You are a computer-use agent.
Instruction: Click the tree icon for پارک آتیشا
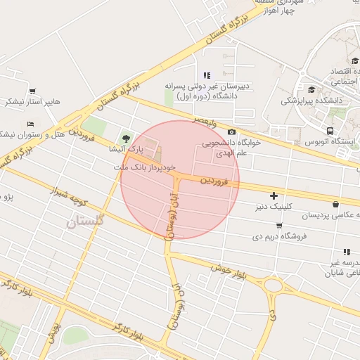tap(127, 137)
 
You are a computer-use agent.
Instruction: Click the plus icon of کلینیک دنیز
tap(274, 195)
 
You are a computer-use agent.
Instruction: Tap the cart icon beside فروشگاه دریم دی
tap(280, 225)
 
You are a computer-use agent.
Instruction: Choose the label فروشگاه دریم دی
tap(281, 236)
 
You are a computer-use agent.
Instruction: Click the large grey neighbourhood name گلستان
tap(85, 221)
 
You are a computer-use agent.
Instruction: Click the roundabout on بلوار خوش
tap(273, 286)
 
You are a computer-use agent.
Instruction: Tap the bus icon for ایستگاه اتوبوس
tap(330, 131)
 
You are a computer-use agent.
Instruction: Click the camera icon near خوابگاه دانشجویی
tap(231, 132)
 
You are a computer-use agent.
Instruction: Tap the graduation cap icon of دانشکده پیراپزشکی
tap(311, 89)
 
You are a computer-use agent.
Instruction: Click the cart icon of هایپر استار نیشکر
tap(32, 91)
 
